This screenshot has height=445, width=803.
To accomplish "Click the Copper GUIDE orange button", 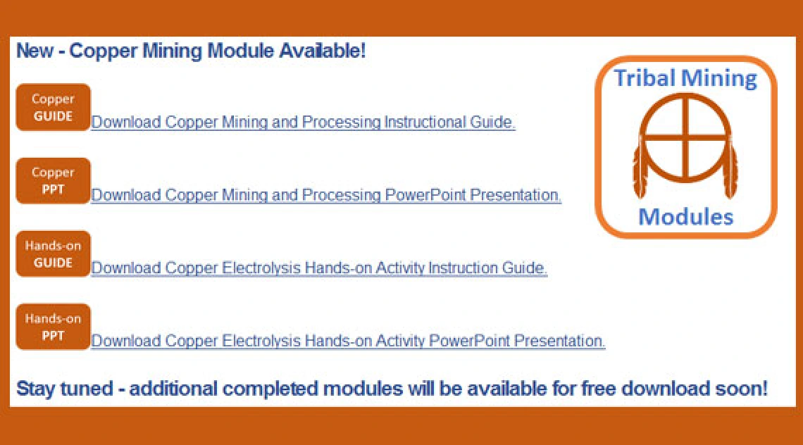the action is click(x=54, y=108).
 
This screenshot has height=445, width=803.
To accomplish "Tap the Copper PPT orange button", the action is click(x=54, y=181).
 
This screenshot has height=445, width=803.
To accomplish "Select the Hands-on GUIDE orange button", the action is click(x=54, y=254).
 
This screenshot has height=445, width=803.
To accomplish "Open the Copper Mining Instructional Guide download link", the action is click(x=303, y=123).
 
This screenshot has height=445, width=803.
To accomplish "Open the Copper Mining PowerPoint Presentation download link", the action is click(x=326, y=195).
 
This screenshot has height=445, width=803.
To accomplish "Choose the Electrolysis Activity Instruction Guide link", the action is click(x=319, y=268).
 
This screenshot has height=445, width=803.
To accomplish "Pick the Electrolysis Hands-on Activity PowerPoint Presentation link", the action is click(x=348, y=341).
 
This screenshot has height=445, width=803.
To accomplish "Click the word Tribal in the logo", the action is click(x=645, y=78).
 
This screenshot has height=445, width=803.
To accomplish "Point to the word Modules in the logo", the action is click(x=686, y=217).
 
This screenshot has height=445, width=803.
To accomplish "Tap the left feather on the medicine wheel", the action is click(x=640, y=170).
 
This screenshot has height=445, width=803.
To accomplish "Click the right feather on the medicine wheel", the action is click(x=730, y=170).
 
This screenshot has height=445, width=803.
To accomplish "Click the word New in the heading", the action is click(x=35, y=51).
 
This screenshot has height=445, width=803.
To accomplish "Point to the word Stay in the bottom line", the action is click(x=35, y=389).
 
